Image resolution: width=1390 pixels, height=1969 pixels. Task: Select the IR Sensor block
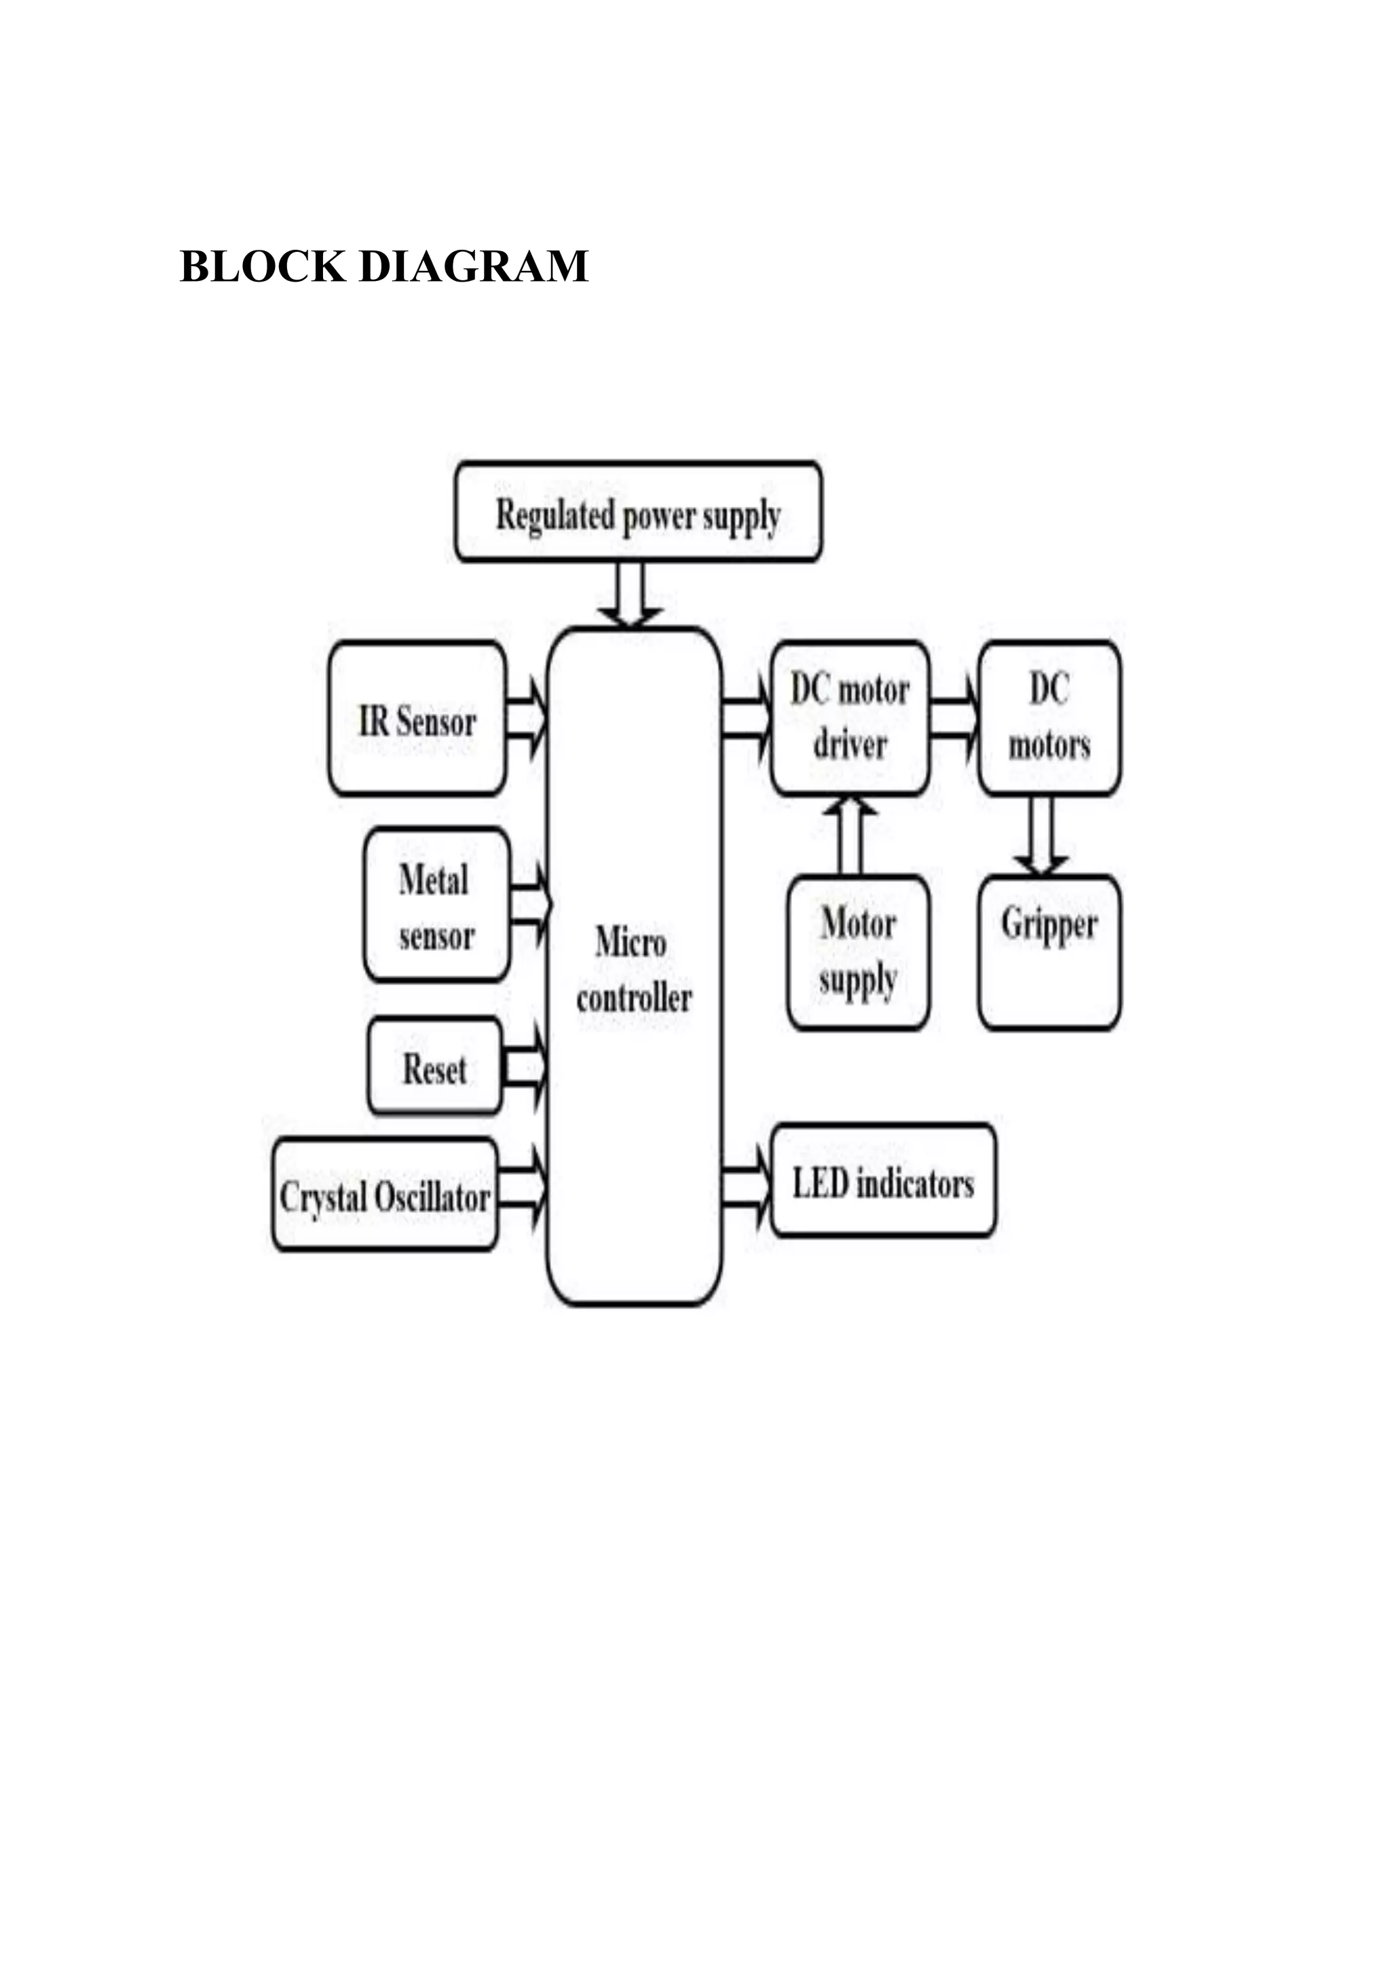[417, 719]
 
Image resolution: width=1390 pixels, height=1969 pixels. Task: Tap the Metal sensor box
[436, 905]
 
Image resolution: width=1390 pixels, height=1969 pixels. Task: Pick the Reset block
[435, 1067]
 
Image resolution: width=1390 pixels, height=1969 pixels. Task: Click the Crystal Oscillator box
[384, 1195]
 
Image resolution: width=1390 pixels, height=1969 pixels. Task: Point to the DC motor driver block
[850, 718]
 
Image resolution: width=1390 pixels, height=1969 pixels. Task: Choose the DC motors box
[1049, 718]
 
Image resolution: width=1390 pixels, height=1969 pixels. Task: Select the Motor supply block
[857, 952]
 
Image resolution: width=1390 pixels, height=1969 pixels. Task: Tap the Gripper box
[1049, 952]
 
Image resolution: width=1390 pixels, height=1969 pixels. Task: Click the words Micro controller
[633, 970]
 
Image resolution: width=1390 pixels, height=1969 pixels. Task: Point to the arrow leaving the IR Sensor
[525, 719]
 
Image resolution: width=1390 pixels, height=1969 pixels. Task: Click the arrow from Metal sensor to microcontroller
[530, 904]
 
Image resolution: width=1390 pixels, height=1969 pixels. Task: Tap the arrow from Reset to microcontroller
[524, 1067]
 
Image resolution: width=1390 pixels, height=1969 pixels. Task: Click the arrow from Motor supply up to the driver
[850, 836]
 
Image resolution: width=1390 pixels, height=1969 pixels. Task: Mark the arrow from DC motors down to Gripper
[1040, 836]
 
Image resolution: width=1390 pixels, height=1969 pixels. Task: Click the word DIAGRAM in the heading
[473, 266]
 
